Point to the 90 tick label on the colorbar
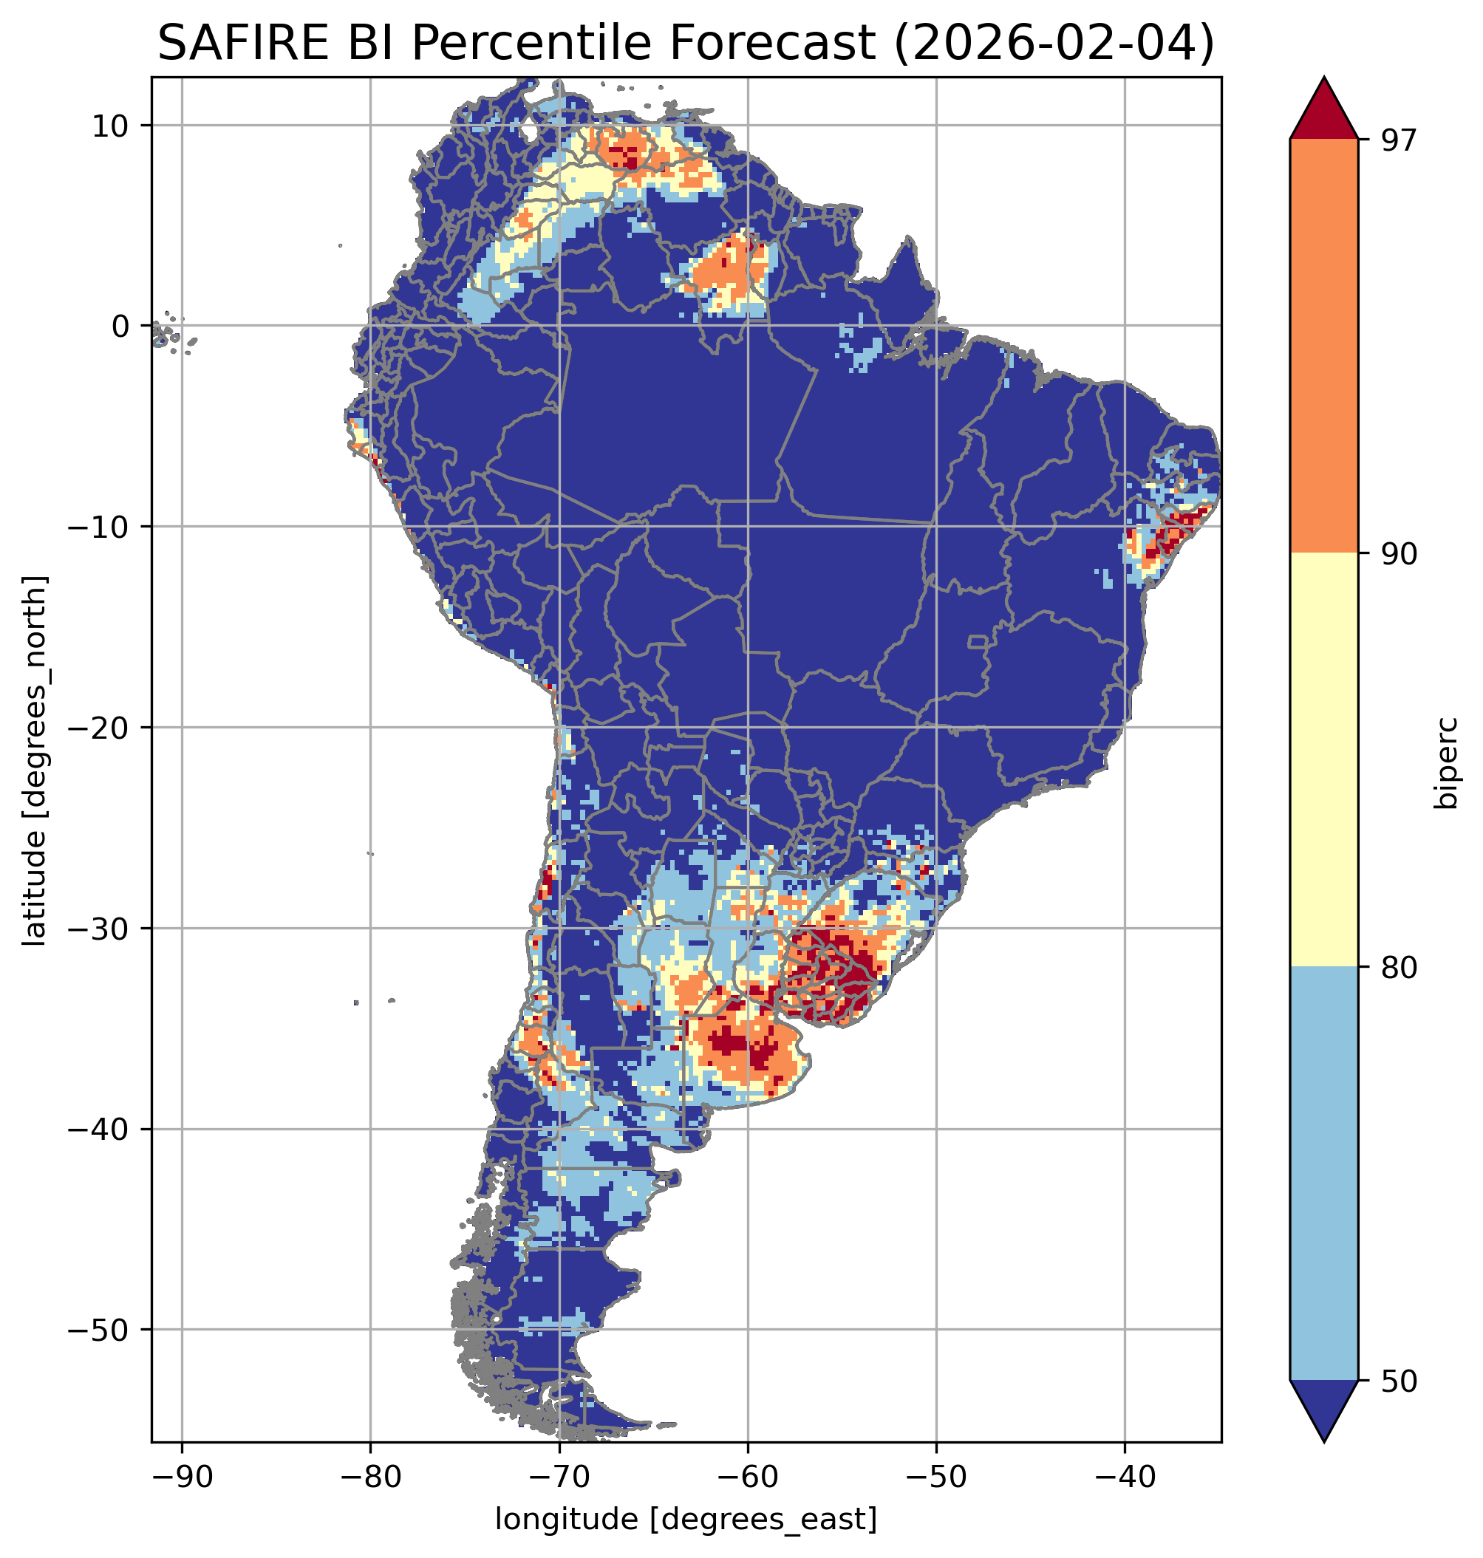point(1399,553)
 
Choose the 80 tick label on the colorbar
point(1399,968)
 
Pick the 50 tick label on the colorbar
point(1399,1381)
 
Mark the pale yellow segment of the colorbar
point(1323,759)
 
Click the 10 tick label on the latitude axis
point(111,126)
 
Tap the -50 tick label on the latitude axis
point(100,1330)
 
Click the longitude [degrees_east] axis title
point(686,1520)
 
